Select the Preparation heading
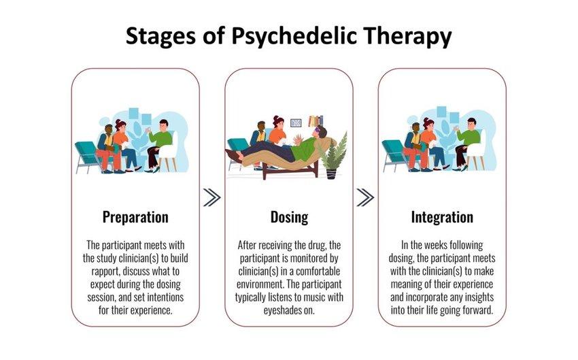[x=135, y=217]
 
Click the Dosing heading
[x=290, y=217]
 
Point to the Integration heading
[x=443, y=217]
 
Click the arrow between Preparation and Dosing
[x=212, y=198]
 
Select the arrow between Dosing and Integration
[x=365, y=198]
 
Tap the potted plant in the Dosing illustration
[x=335, y=157]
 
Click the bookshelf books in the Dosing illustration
[x=316, y=121]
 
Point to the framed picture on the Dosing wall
[x=296, y=122]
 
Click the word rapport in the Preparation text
[x=105, y=272]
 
